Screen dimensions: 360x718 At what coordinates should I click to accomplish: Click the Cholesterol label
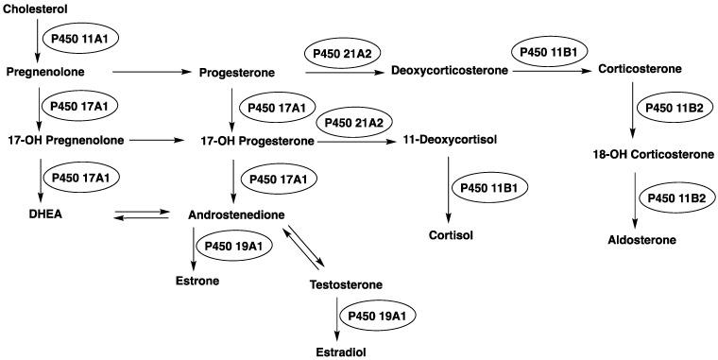pyautogui.click(x=37, y=9)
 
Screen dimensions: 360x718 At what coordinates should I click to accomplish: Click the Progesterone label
pyautogui.click(x=237, y=71)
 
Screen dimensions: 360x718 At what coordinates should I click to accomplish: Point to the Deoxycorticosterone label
pyautogui.click(x=449, y=70)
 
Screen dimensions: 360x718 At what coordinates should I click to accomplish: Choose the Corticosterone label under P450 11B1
pyautogui.click(x=640, y=70)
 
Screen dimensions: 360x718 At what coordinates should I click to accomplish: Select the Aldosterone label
pyautogui.click(x=641, y=240)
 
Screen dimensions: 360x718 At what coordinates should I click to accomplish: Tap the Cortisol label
pyautogui.click(x=449, y=234)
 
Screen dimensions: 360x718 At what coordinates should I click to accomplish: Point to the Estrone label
pyautogui.click(x=197, y=281)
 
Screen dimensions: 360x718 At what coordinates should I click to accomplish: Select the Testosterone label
pyautogui.click(x=347, y=284)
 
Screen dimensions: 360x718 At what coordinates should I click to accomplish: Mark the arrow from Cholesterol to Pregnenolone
pyautogui.click(x=39, y=39)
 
